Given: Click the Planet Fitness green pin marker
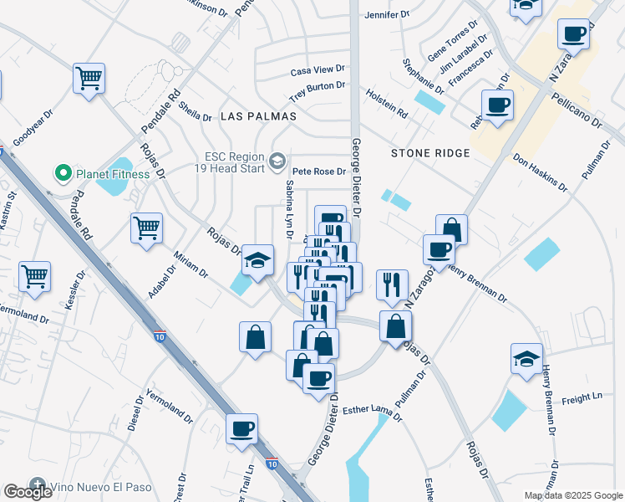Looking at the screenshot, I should click(62, 174).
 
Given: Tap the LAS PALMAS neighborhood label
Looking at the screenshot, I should click(258, 116).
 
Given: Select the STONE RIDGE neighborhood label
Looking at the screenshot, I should click(430, 153).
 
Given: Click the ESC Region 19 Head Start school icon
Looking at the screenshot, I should click(277, 159).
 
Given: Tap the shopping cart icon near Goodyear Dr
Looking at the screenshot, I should click(89, 79).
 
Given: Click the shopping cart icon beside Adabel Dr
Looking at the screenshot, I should click(146, 228).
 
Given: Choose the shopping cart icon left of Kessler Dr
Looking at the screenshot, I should click(34, 277).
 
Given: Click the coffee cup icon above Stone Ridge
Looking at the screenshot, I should click(497, 106).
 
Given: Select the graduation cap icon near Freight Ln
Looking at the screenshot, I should click(526, 359).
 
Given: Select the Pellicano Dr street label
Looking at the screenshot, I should click(577, 109).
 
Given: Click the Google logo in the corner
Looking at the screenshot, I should click(28, 492).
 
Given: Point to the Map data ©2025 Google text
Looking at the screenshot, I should click(573, 495).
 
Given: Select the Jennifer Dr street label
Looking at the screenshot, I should click(388, 14).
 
